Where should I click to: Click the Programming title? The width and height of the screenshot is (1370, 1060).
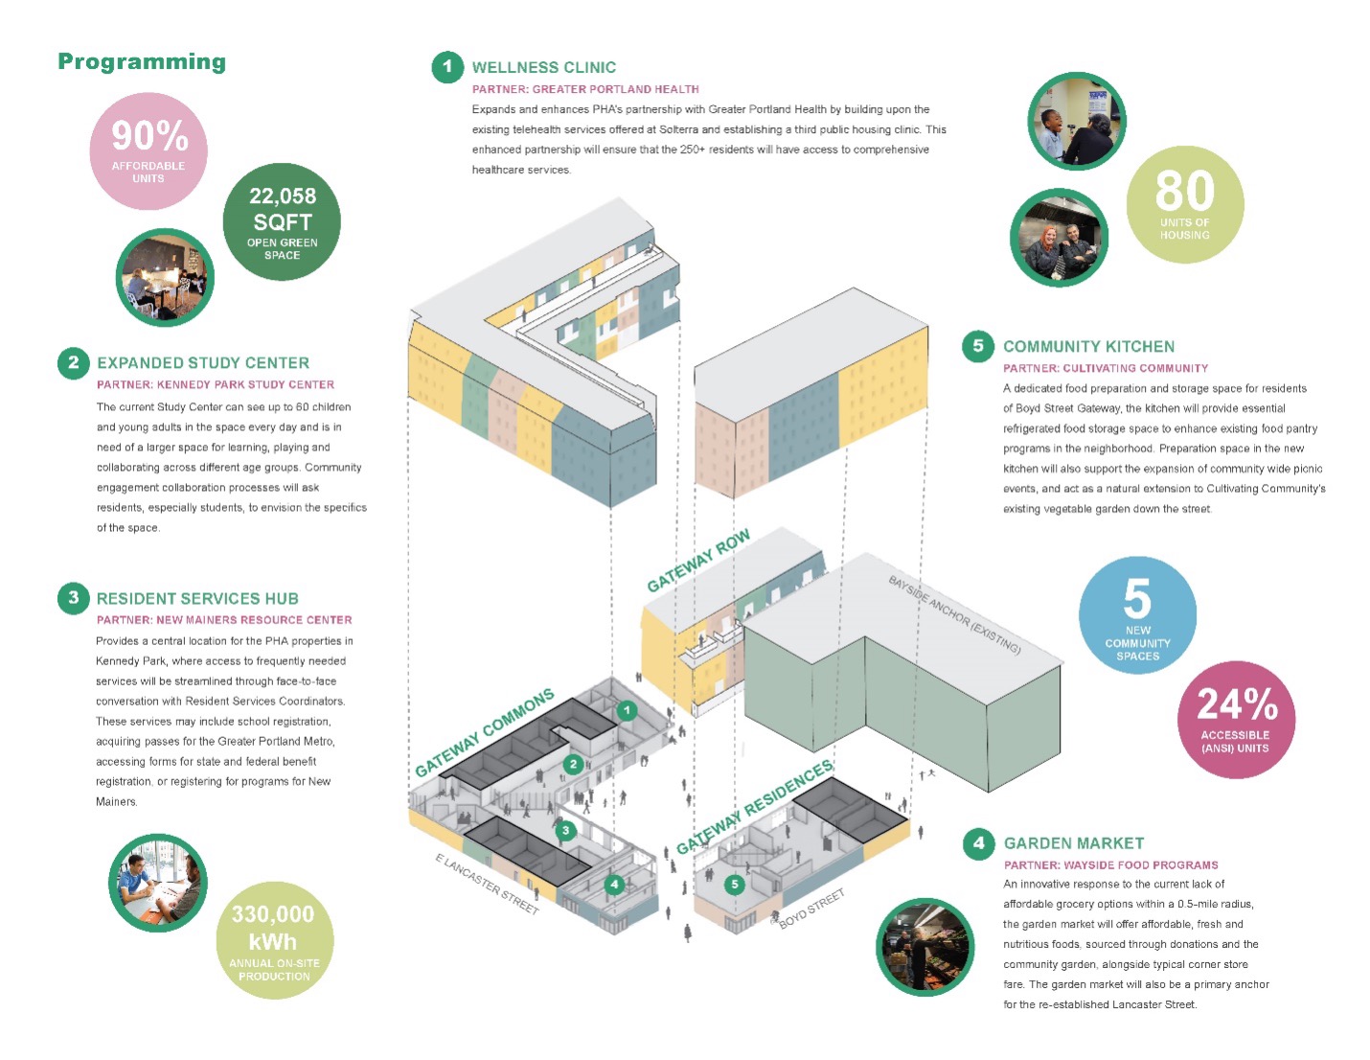point(142,62)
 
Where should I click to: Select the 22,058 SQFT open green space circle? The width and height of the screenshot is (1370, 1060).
point(282,221)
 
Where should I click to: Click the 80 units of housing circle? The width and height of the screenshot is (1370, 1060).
point(1184,203)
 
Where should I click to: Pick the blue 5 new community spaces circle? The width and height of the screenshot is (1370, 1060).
point(1137,615)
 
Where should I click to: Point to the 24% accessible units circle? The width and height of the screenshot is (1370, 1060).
point(1236,719)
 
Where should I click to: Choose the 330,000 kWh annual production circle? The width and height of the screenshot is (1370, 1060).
point(274,939)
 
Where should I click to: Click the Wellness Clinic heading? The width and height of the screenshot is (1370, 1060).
point(543,68)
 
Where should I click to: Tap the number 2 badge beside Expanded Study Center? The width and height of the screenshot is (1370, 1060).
point(74,363)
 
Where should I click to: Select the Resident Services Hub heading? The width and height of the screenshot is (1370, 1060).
point(197,599)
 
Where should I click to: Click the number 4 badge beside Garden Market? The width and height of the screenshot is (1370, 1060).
point(978,843)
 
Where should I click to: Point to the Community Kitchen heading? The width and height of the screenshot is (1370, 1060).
point(1088,347)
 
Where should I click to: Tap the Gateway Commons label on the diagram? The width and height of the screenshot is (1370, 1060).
point(485,732)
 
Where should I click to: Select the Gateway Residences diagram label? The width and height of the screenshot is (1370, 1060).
point(755,807)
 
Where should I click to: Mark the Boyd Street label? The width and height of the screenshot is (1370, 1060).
point(811,908)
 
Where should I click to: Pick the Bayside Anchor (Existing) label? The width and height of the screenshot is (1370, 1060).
point(953,614)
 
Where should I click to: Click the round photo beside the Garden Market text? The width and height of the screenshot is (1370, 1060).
point(925,946)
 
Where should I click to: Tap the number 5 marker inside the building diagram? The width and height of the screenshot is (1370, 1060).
point(735,884)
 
